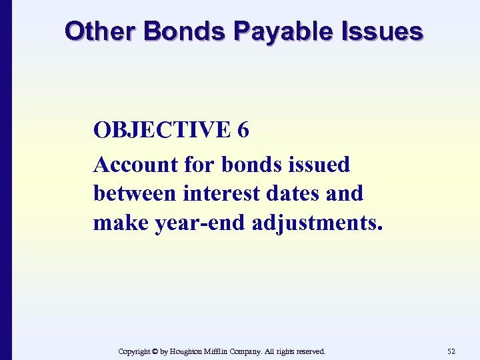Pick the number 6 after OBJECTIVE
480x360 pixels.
pos(243,130)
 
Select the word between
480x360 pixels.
pos(135,193)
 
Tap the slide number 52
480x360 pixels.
pos(451,351)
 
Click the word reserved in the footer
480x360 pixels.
pos(311,351)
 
